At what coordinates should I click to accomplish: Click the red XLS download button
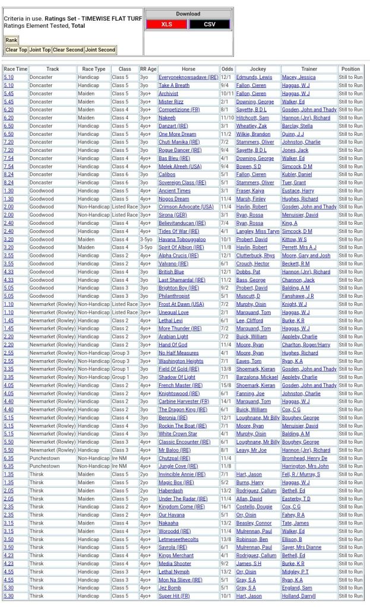click(166, 24)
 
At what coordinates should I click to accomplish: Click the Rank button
click(11, 40)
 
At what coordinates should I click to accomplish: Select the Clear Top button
click(16, 50)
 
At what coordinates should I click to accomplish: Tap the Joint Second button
click(100, 50)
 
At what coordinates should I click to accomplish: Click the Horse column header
click(188, 69)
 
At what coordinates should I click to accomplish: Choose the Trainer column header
click(309, 69)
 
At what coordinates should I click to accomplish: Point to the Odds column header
click(227, 69)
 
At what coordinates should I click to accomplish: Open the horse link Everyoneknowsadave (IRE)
click(188, 77)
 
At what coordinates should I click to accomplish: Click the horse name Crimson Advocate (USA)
click(186, 206)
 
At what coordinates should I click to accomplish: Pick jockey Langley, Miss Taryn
click(258, 231)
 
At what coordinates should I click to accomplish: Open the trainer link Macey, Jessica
click(299, 77)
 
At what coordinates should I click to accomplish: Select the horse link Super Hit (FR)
click(174, 596)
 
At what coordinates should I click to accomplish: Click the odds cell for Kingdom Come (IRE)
click(227, 507)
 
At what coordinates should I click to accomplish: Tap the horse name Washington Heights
click(181, 361)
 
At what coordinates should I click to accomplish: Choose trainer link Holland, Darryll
click(299, 596)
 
